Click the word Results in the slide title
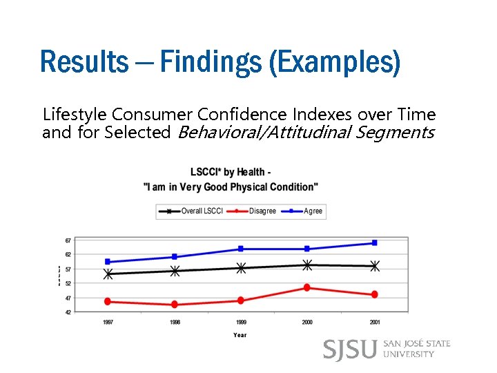[84, 61]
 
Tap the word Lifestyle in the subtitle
[74, 114]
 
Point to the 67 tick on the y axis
[68, 240]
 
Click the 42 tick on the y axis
[68, 312]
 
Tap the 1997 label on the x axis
[108, 323]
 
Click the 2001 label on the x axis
[374, 323]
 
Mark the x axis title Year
[240, 335]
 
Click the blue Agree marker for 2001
[374, 243]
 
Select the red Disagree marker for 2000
[307, 287]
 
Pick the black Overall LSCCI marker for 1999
[241, 268]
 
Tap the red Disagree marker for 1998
[175, 305]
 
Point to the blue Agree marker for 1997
[108, 262]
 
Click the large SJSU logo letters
[350, 349]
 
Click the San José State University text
[416, 349]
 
